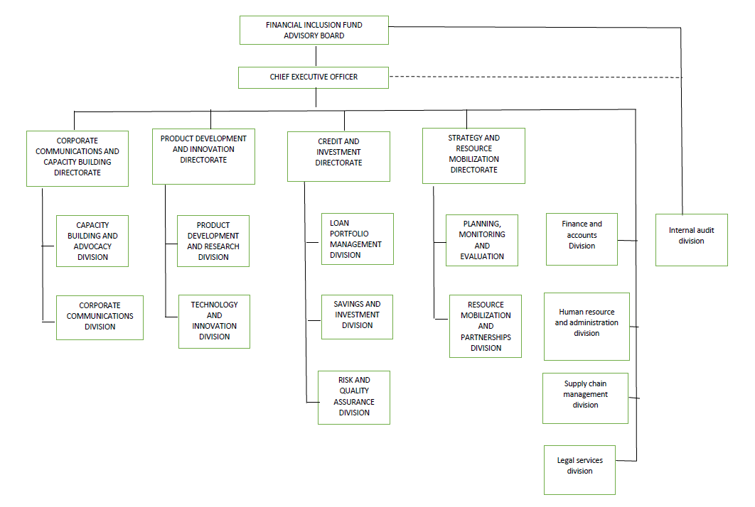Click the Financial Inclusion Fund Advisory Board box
[314, 31]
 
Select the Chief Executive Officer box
[314, 77]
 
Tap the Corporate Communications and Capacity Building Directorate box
[77, 158]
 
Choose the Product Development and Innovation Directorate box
[203, 156]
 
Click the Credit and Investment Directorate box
[338, 156]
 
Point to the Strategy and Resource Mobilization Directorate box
[473, 156]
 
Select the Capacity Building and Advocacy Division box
[92, 241]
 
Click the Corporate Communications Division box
[100, 317]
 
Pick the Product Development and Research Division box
[213, 241]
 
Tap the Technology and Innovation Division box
[214, 321]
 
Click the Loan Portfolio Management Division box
[357, 239]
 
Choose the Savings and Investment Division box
[357, 316]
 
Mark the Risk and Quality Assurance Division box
[354, 397]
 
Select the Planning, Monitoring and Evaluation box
[482, 240]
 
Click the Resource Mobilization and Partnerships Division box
[486, 326]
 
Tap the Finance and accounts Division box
[582, 239]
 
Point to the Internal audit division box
[691, 240]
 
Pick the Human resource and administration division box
[587, 326]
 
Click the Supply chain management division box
[585, 398]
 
